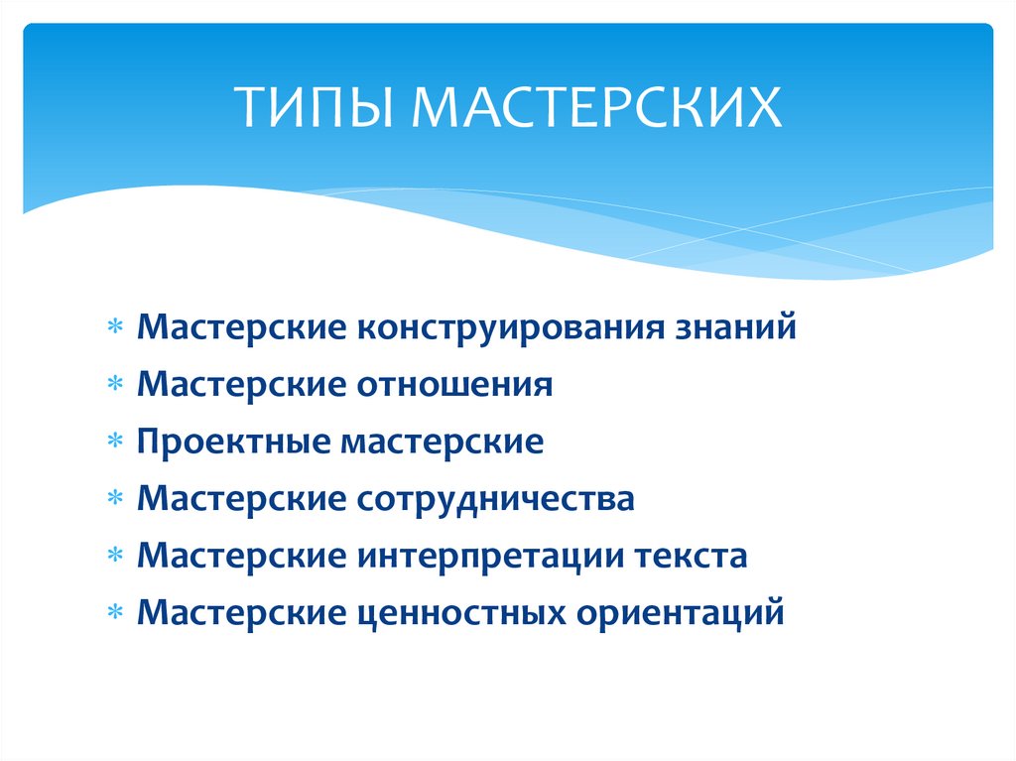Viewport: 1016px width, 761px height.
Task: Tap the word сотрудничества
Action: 493,499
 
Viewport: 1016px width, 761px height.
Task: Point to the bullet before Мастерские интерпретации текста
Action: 115,558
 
